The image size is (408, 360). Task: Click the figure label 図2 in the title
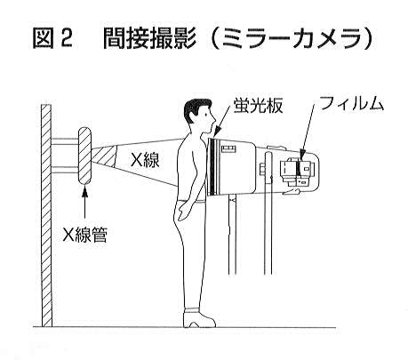[52, 38]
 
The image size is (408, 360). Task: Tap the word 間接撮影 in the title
[149, 38]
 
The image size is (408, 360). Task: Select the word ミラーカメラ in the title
[294, 38]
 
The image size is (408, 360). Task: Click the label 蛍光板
[258, 105]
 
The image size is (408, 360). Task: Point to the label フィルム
[351, 104]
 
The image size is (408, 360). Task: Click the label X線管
[84, 235]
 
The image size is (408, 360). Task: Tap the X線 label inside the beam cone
[145, 160]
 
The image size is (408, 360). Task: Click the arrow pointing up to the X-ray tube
[84, 203]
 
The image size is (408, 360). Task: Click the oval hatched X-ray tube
[84, 156]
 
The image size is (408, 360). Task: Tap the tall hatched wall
[46, 215]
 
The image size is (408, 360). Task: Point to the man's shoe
[198, 318]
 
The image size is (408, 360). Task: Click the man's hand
[183, 212]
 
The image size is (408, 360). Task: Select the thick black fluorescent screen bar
[212, 167]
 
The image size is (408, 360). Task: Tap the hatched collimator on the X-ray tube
[103, 156]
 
